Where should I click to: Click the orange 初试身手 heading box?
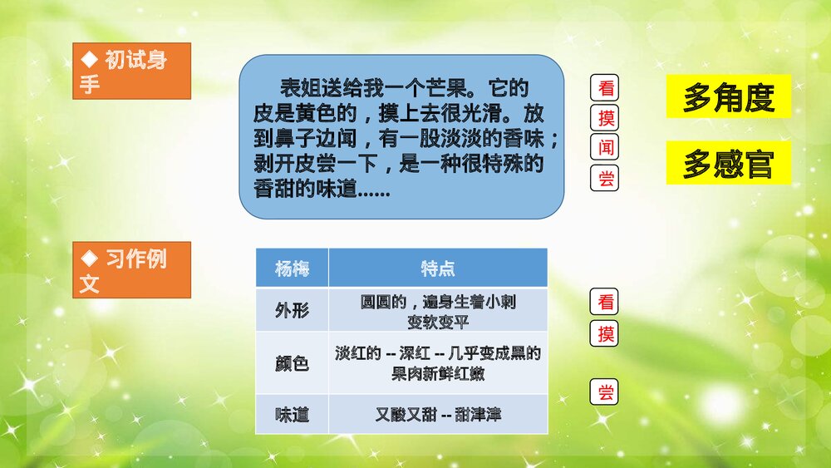[132, 71]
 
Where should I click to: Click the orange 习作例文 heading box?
[132, 270]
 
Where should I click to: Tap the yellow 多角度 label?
[728, 97]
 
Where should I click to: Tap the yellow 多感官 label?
[728, 164]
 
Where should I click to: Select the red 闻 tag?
[607, 147]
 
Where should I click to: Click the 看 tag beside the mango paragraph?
[607, 86]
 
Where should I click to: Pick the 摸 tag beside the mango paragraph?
[607, 117]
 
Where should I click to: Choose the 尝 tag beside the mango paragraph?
[607, 178]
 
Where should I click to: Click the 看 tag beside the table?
[607, 303]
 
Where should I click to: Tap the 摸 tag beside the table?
[607, 334]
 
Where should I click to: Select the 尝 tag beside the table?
[607, 392]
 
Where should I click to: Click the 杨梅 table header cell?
[292, 268]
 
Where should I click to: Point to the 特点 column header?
[438, 268]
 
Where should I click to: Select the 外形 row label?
[292, 311]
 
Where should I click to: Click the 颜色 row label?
[292, 363]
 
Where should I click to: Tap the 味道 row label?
[292, 414]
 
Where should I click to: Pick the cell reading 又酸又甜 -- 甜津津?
[438, 414]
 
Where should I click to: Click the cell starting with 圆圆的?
[438, 311]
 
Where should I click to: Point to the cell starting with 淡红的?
[438, 363]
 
